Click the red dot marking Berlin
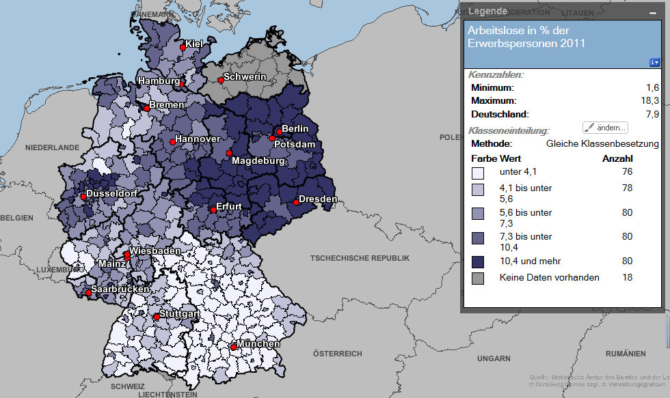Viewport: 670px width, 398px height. pyautogui.click(x=279, y=132)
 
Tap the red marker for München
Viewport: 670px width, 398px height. pyautogui.click(x=234, y=347)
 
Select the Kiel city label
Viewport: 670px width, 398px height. pyautogui.click(x=195, y=45)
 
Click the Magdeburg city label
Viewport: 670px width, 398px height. pyautogui.click(x=258, y=161)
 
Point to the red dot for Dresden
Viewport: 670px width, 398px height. pyautogui.click(x=295, y=202)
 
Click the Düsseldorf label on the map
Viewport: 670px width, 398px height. pyautogui.click(x=112, y=193)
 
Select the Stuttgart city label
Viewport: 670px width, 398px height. pyautogui.click(x=180, y=314)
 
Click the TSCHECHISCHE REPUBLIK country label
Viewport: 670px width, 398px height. pyautogui.click(x=360, y=258)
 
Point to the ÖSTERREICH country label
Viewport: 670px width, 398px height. pyautogui.click(x=336, y=354)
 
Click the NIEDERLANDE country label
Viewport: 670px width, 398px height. pyautogui.click(x=53, y=147)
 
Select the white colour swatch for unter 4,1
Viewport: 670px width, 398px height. pyautogui.click(x=478, y=173)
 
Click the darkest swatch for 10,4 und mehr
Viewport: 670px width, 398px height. pyautogui.click(x=478, y=261)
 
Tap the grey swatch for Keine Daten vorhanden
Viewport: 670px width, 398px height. pyautogui.click(x=478, y=278)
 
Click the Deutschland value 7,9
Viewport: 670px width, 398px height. pyautogui.click(x=652, y=115)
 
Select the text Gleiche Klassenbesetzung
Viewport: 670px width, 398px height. pyautogui.click(x=602, y=144)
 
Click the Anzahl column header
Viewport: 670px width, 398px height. pyautogui.click(x=617, y=158)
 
